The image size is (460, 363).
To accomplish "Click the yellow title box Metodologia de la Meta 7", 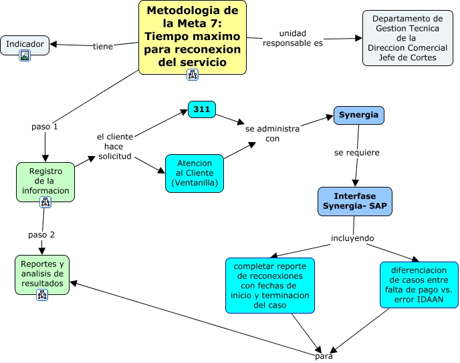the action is (x=193, y=37).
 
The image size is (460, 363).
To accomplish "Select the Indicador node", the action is (x=25, y=45).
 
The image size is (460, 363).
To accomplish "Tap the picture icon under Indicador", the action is (x=25, y=55).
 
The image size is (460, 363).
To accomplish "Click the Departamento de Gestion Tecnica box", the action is (x=408, y=38).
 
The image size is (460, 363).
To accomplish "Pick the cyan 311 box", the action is (x=202, y=109).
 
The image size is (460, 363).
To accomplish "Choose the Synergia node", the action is (x=359, y=115).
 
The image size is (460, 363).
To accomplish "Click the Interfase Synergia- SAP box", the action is (x=355, y=202).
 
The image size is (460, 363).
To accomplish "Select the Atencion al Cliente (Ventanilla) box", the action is (x=195, y=173).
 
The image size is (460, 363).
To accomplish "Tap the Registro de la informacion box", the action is (x=45, y=182).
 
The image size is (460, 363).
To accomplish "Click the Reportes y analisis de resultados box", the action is (x=42, y=275).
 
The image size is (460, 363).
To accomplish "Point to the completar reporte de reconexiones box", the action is (x=270, y=286).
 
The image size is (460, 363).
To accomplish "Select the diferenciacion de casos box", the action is (x=419, y=285).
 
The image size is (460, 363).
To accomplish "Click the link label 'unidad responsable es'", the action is (x=293, y=38).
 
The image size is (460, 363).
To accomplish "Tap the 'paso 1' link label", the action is (x=45, y=127).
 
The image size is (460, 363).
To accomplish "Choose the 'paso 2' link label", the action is (x=41, y=235).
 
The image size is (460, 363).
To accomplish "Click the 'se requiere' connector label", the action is (x=357, y=153).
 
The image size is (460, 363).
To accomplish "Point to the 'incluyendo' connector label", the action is (x=352, y=238).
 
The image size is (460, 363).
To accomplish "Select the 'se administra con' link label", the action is (x=273, y=133).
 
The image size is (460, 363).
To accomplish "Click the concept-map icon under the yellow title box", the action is (x=193, y=75).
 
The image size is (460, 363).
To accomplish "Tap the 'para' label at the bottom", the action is (x=324, y=356).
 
